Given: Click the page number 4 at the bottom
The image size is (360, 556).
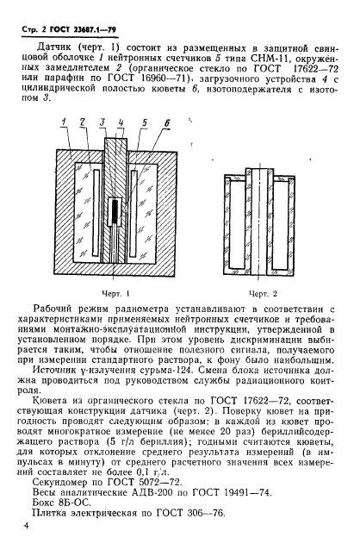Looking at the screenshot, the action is [x=27, y=522].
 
